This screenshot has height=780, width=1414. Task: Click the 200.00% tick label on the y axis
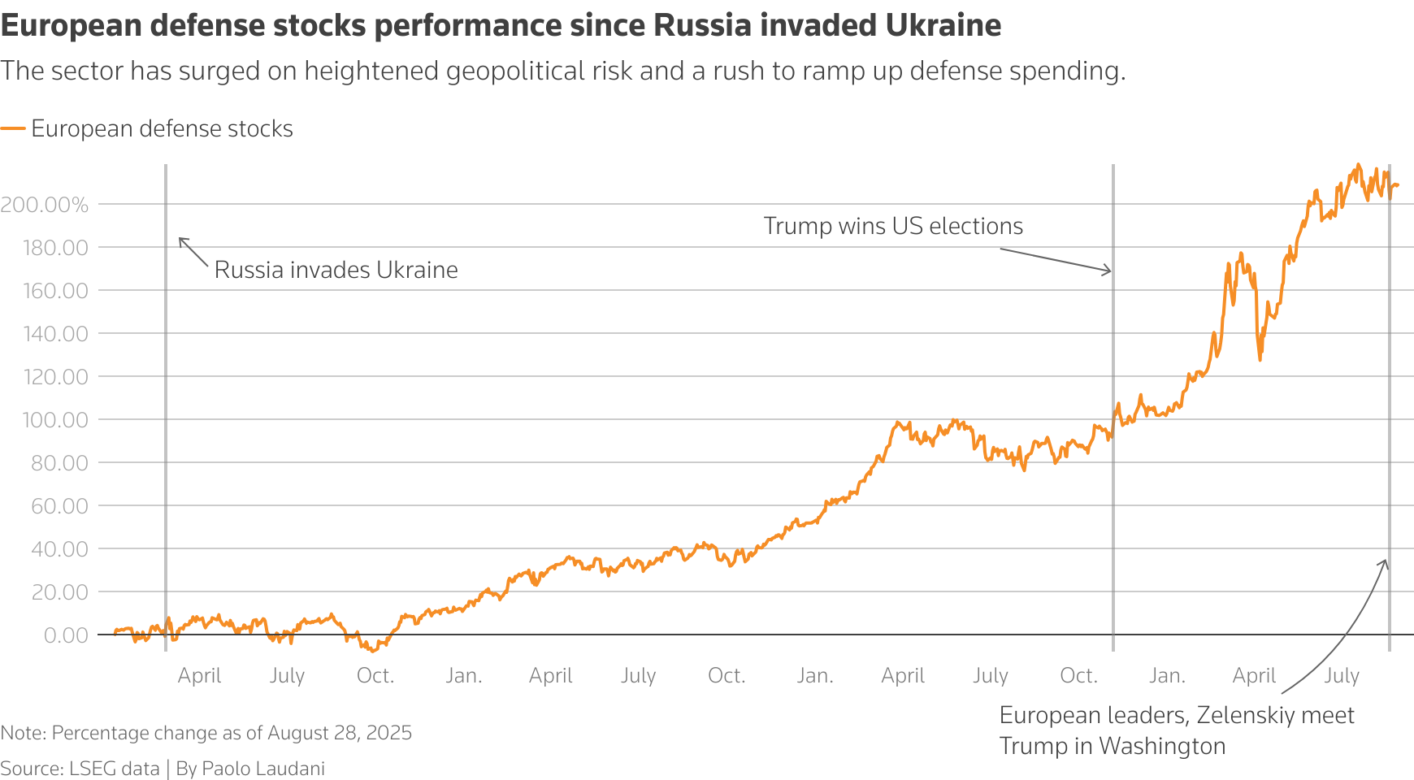[x=45, y=205]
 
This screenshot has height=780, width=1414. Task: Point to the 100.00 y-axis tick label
[x=55, y=420]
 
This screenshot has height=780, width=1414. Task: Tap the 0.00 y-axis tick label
[x=66, y=635]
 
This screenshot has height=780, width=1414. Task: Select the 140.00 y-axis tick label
[x=55, y=334]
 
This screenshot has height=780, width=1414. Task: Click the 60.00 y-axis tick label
[x=60, y=506]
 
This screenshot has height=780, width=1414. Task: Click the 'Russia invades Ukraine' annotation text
[x=336, y=270]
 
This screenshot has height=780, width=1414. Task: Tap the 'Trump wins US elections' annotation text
[x=893, y=226]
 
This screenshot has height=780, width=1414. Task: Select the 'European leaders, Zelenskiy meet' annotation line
[x=1176, y=715]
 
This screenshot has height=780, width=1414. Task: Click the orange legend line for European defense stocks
[x=13, y=128]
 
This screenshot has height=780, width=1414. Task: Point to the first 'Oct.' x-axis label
[x=375, y=676]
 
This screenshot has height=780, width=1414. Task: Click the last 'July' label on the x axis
[x=1342, y=676]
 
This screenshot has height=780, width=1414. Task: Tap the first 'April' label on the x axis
[x=199, y=676]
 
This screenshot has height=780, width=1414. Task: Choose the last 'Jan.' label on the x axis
[x=1167, y=676]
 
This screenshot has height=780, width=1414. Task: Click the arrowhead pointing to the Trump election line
[x=1108, y=271]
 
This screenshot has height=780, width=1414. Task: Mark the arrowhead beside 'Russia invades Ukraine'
[x=181, y=240]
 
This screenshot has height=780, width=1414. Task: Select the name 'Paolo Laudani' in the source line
[x=263, y=769]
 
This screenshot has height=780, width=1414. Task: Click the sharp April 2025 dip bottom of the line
[x=1260, y=359]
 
